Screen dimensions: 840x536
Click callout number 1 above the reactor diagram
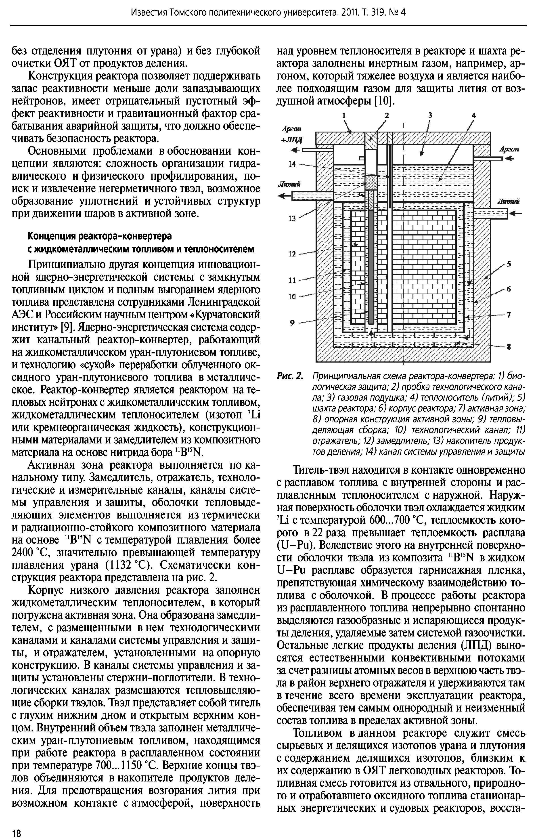[x=344, y=115]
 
